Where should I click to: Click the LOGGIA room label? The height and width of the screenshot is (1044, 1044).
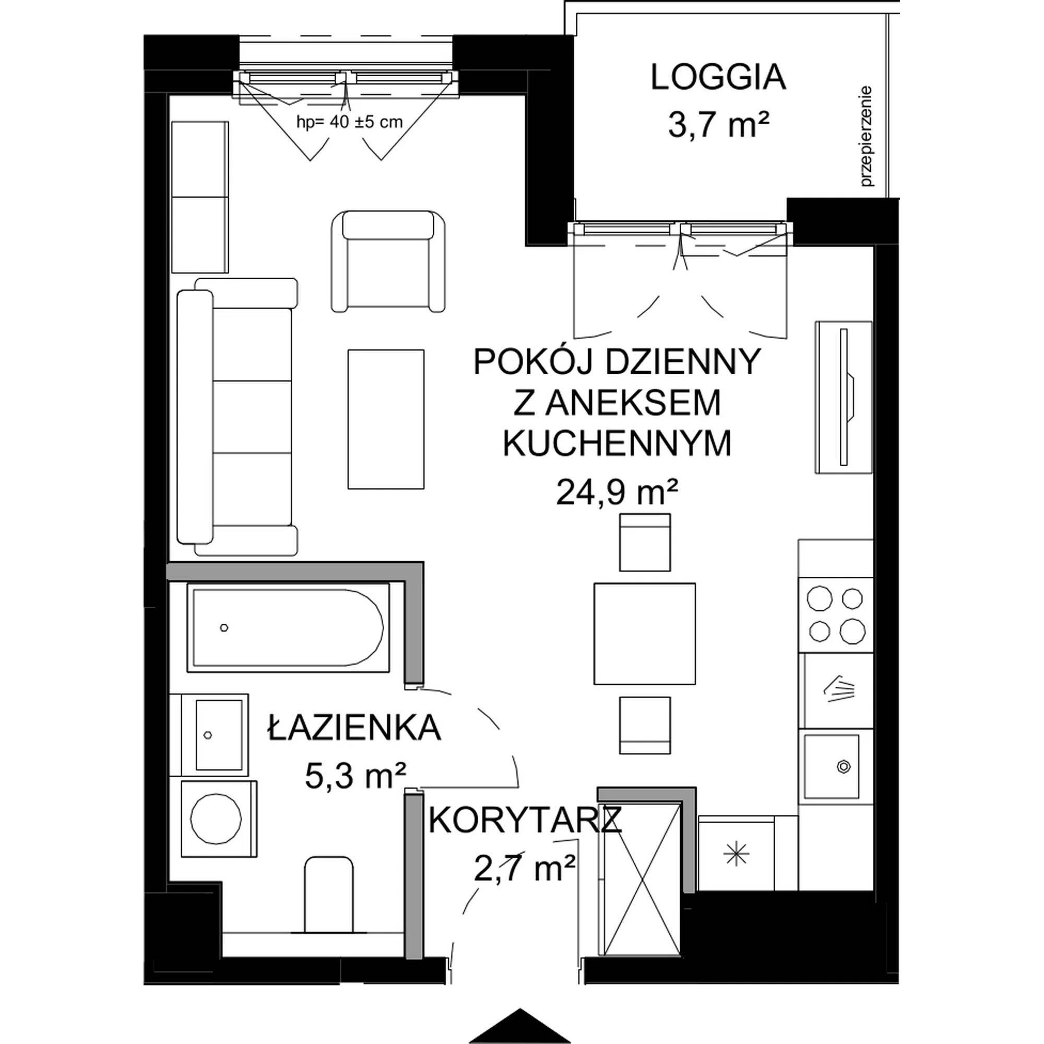[x=718, y=77]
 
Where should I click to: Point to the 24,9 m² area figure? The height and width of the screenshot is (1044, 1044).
[x=617, y=493]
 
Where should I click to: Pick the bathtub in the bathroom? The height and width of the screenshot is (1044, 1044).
[x=288, y=628]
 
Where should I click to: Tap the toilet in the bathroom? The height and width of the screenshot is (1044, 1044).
[x=329, y=900]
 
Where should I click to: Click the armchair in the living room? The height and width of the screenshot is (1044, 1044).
[x=388, y=262]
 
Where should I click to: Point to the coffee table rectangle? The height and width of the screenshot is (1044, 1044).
[x=386, y=419]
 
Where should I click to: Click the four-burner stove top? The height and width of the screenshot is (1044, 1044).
[x=835, y=615]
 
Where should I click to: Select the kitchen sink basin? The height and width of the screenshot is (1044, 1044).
[x=831, y=766]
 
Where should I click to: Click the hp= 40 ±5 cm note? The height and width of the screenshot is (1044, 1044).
[x=350, y=122]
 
